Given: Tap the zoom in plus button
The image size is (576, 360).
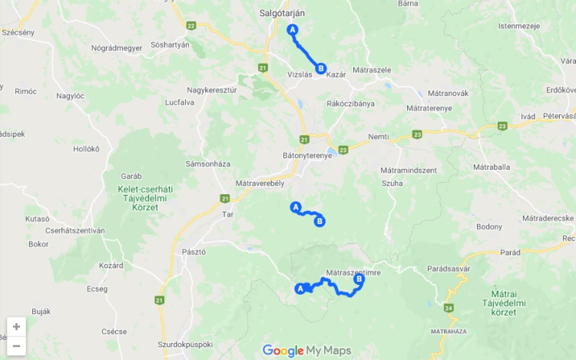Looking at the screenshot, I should click(x=16, y=326).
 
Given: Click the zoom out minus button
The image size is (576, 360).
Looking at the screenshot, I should click(x=16, y=345).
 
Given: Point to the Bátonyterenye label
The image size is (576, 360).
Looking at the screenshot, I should click(x=306, y=155).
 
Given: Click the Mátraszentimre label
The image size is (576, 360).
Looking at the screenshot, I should click(x=353, y=272).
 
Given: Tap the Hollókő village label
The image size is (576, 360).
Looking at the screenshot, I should click(x=86, y=149).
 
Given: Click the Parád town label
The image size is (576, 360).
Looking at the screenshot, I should click(x=511, y=253).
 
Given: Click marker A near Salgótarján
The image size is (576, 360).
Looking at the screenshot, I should click(x=292, y=30).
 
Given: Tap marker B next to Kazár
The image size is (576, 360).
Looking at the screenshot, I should click(x=321, y=68).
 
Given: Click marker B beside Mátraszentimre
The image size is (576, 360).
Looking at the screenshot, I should click(x=359, y=279).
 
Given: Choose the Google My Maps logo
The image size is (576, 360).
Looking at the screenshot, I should click(x=306, y=351).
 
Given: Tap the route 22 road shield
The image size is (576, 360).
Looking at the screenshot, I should click(x=190, y=25).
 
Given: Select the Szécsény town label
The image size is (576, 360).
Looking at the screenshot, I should click(x=18, y=33).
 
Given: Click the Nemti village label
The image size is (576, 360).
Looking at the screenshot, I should click(x=379, y=136).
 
